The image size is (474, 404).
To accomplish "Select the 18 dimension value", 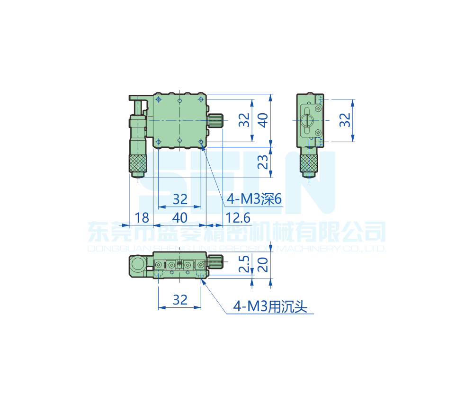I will (142, 218).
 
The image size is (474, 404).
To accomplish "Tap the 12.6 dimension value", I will (238, 218).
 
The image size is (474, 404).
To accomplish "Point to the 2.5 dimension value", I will (244, 266).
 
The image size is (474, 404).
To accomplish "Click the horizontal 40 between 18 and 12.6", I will (180, 218).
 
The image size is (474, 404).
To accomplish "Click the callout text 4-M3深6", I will (254, 199).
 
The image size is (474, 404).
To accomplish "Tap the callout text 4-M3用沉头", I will (270, 307).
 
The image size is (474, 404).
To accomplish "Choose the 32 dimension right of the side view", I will (345, 120).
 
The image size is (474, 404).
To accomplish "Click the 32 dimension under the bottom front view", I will (180, 300).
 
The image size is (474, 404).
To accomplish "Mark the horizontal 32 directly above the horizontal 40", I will (180, 199).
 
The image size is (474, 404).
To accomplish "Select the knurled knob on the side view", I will (309, 163).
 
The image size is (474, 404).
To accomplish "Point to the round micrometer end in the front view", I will (138, 264).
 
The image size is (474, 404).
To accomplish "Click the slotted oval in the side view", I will (308, 120).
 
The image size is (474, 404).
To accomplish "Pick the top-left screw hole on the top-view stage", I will (158, 99).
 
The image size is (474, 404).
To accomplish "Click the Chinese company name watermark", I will (237, 232).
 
